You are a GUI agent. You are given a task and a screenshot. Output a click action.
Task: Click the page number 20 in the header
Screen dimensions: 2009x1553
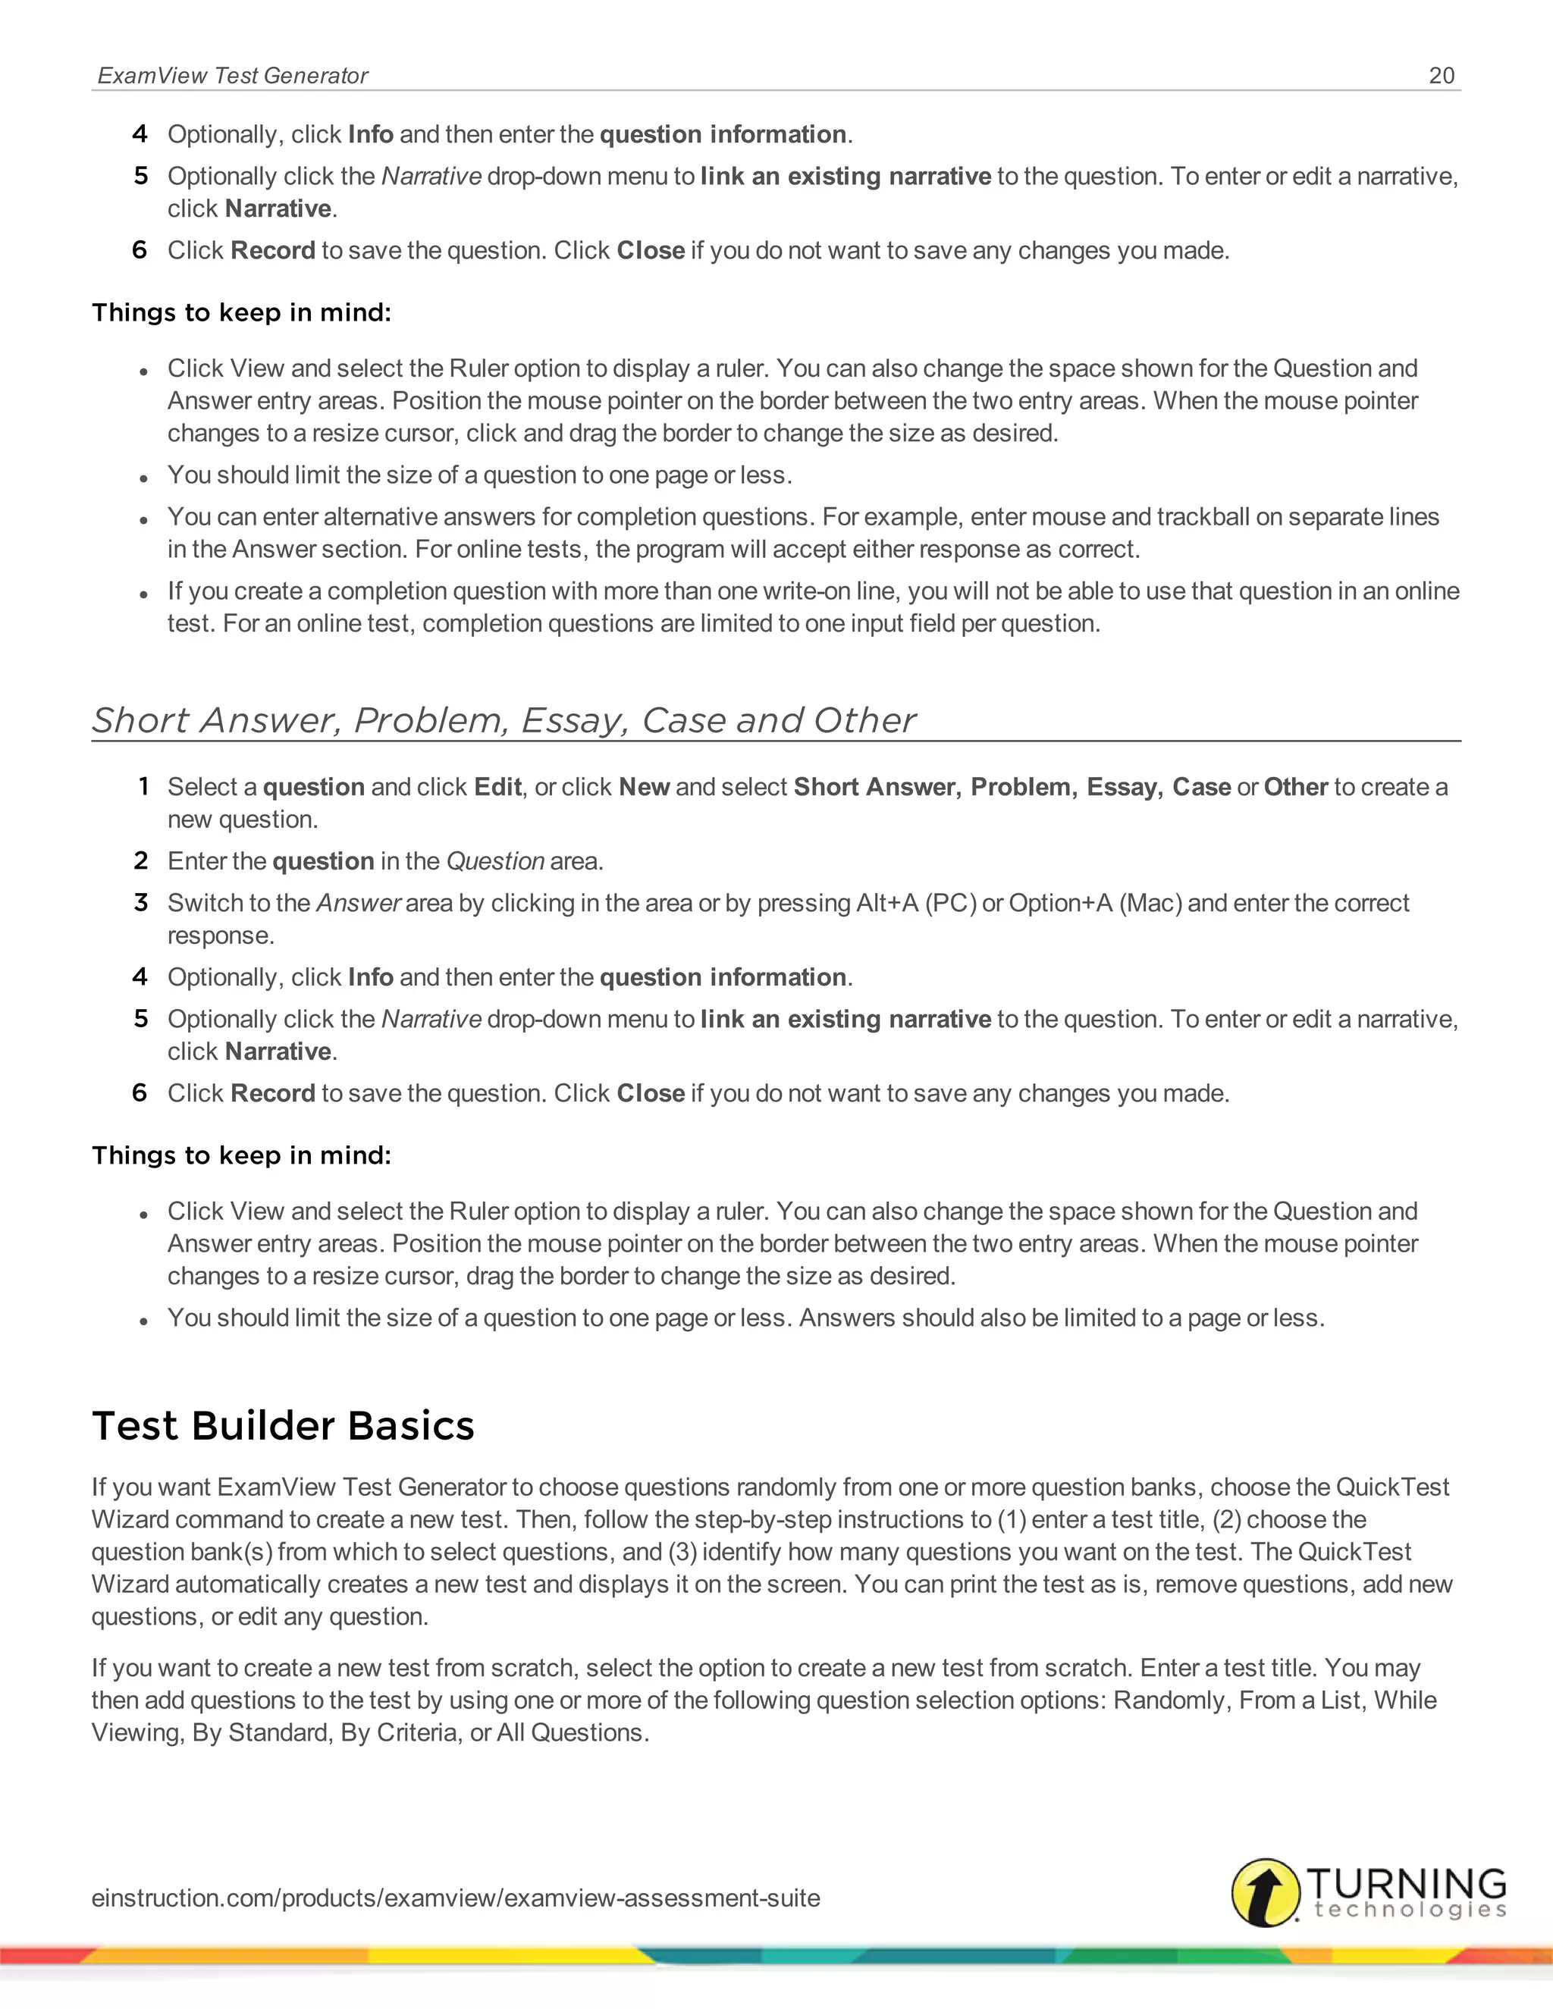pyautogui.click(x=1441, y=75)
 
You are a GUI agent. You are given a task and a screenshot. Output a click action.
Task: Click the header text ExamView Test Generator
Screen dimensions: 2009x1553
pyautogui.click(x=232, y=75)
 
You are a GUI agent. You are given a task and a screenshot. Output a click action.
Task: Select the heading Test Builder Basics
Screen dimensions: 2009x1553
pyautogui.click(x=284, y=1426)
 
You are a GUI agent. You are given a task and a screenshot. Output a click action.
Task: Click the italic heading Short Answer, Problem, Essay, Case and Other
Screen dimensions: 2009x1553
pyautogui.click(x=504, y=720)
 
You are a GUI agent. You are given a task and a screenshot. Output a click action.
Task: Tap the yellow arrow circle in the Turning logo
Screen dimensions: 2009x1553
pyautogui.click(x=1266, y=1892)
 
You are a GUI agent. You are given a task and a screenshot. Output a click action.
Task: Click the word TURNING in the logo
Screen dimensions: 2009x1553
pyautogui.click(x=1406, y=1882)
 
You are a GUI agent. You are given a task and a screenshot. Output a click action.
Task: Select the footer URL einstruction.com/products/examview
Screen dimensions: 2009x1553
pyautogui.click(x=456, y=1898)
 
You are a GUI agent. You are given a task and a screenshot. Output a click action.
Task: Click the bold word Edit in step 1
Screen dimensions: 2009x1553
pyautogui.click(x=497, y=788)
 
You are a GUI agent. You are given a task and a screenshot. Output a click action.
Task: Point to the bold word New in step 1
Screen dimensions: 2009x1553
pyautogui.click(x=644, y=788)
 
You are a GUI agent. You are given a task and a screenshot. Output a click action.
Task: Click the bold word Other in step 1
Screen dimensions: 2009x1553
pyautogui.click(x=1295, y=788)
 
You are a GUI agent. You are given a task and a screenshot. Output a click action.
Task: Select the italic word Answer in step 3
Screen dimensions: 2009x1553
pyautogui.click(x=358, y=904)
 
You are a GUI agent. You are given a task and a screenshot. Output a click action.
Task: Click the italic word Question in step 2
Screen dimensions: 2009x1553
pyautogui.click(x=495, y=862)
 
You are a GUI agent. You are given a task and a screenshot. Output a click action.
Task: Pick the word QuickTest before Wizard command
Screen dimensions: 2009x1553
pyautogui.click(x=1392, y=1487)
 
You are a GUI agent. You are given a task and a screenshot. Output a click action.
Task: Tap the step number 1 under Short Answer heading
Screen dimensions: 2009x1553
pyautogui.click(x=143, y=788)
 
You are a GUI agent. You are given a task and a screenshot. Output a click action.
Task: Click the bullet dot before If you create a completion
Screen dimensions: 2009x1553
pyautogui.click(x=143, y=595)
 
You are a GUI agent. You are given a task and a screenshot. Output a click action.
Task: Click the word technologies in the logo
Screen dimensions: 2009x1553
pyautogui.click(x=1410, y=1910)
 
